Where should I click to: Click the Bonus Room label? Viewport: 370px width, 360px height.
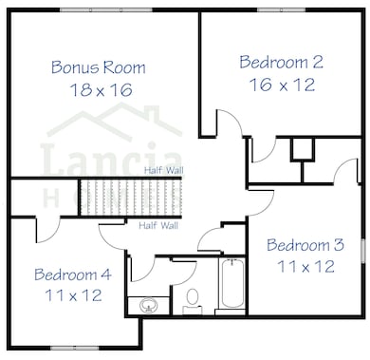99,67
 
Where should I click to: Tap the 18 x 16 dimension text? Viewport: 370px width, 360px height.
101,89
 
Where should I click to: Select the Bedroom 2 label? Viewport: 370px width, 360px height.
281,62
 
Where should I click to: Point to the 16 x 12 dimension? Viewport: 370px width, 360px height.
283,85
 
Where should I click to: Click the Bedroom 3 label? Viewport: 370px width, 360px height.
305,245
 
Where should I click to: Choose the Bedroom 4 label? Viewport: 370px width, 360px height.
73,275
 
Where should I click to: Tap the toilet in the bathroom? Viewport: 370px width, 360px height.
193,301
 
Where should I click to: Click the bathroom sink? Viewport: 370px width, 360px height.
149,306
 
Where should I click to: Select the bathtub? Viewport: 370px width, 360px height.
232,283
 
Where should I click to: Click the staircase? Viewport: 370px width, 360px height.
131,198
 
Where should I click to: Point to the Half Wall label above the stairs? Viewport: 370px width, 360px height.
164,171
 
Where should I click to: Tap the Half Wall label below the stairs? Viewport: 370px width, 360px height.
158,226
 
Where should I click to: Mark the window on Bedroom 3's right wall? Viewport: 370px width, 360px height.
363,251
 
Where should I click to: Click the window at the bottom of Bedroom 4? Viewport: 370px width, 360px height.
74,348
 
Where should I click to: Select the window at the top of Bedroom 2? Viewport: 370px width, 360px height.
281,9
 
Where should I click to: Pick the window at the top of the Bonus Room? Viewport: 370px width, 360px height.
106,9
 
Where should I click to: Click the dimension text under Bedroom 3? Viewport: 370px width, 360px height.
305,266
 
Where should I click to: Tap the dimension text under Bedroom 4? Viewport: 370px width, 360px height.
73,295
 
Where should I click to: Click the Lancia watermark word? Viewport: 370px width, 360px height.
112,158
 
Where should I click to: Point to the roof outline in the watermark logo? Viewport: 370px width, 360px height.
115,122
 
